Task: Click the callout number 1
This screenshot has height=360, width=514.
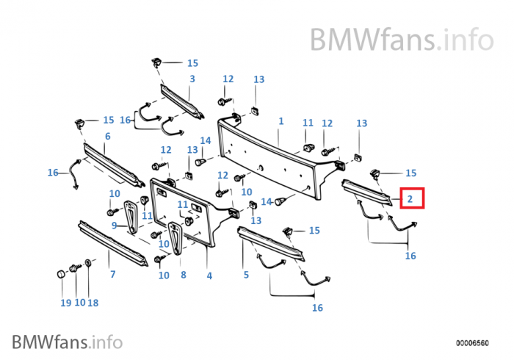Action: (280, 120)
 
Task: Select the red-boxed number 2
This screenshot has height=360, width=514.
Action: (411, 198)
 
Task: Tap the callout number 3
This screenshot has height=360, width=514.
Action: (192, 79)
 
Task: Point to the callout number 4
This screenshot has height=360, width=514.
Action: (209, 276)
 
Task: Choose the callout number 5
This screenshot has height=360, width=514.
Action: (246, 275)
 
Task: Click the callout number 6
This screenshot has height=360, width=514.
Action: (107, 137)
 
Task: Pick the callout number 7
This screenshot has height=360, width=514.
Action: (112, 275)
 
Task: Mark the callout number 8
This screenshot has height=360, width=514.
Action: (183, 276)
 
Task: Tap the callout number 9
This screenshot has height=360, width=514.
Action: (114, 226)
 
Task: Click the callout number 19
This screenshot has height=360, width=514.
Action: (65, 302)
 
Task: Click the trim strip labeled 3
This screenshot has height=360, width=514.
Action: (180, 101)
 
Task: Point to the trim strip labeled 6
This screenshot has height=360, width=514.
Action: (110, 163)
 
